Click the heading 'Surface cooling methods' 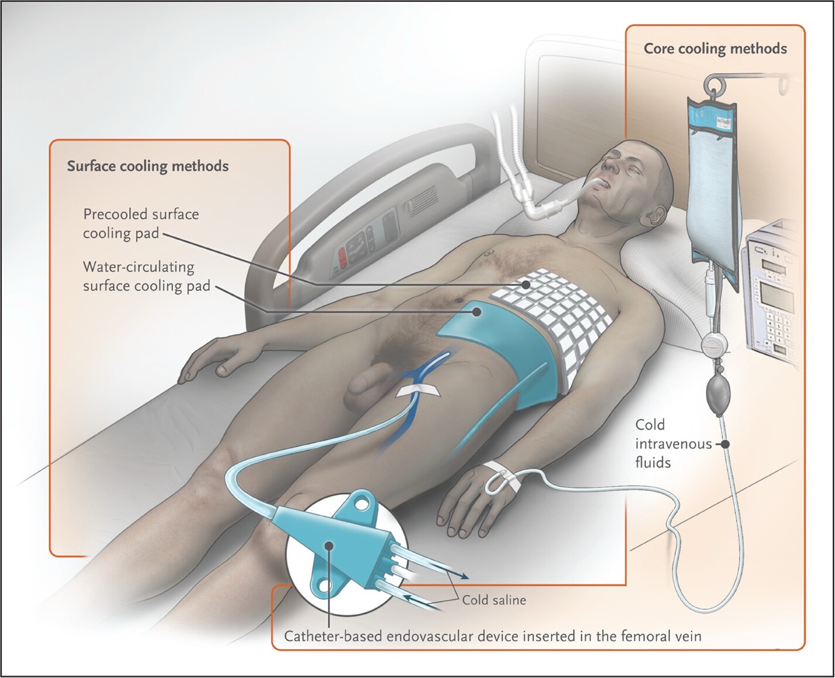(147, 166)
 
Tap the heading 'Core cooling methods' (715, 49)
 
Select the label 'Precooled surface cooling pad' (140, 224)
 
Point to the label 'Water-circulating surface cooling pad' (146, 276)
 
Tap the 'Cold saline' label (494, 600)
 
